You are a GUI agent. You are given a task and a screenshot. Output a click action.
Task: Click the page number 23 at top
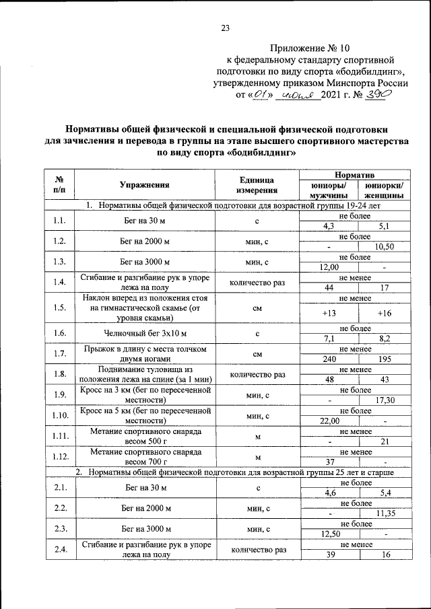click(x=225, y=28)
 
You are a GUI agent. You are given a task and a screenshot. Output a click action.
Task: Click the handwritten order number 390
click(x=376, y=95)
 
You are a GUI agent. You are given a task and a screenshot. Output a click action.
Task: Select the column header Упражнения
click(x=144, y=184)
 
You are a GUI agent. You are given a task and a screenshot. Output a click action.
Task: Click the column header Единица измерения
click(x=257, y=185)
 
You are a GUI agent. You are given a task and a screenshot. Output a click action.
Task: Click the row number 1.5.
click(x=59, y=308)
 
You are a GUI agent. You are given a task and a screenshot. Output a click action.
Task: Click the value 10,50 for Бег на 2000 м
click(x=385, y=247)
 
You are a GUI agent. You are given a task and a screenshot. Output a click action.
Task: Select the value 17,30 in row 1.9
click(x=385, y=400)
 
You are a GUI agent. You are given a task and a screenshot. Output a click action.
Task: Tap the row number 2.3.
click(x=59, y=529)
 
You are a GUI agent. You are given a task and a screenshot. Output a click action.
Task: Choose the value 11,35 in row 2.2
click(x=385, y=513)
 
